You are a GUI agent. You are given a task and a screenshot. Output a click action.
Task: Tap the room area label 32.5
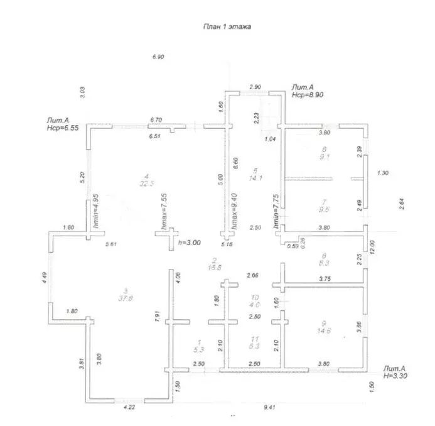pyautogui.click(x=145, y=183)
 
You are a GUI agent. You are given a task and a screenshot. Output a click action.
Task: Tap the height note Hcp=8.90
pyautogui.click(x=307, y=96)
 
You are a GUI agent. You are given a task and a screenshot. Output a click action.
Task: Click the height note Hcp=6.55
pyautogui.click(x=62, y=127)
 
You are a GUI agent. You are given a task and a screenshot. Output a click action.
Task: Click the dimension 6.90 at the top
pyautogui.click(x=158, y=57)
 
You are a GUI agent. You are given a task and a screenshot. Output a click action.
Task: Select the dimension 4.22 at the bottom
pyautogui.click(x=128, y=407)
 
